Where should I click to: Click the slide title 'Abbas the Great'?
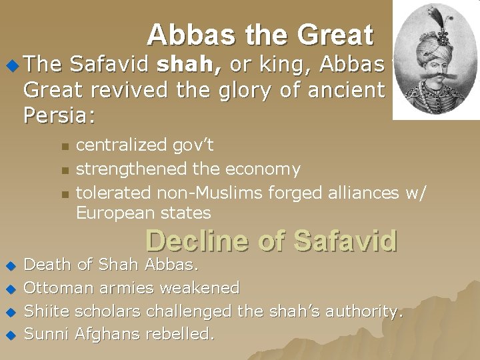(x=260, y=35)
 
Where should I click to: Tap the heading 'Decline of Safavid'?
(x=271, y=241)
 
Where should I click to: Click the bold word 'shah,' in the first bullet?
(x=186, y=65)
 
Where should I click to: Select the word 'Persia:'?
(x=59, y=115)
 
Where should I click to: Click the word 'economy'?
(x=263, y=169)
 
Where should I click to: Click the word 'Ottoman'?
(x=59, y=289)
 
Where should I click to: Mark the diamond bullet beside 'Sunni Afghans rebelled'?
(x=10, y=335)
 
